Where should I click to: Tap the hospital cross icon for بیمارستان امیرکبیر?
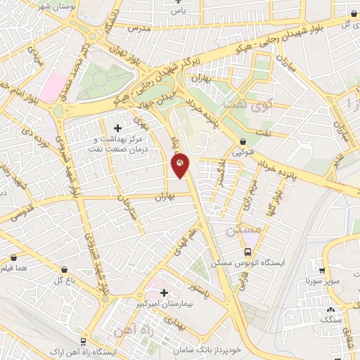164,292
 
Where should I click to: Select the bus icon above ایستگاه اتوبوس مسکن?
247,252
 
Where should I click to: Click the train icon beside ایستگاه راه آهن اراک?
84,341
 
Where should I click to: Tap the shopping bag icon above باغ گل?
65,269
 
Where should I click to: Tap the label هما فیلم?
15,268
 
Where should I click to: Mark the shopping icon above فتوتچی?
243,141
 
